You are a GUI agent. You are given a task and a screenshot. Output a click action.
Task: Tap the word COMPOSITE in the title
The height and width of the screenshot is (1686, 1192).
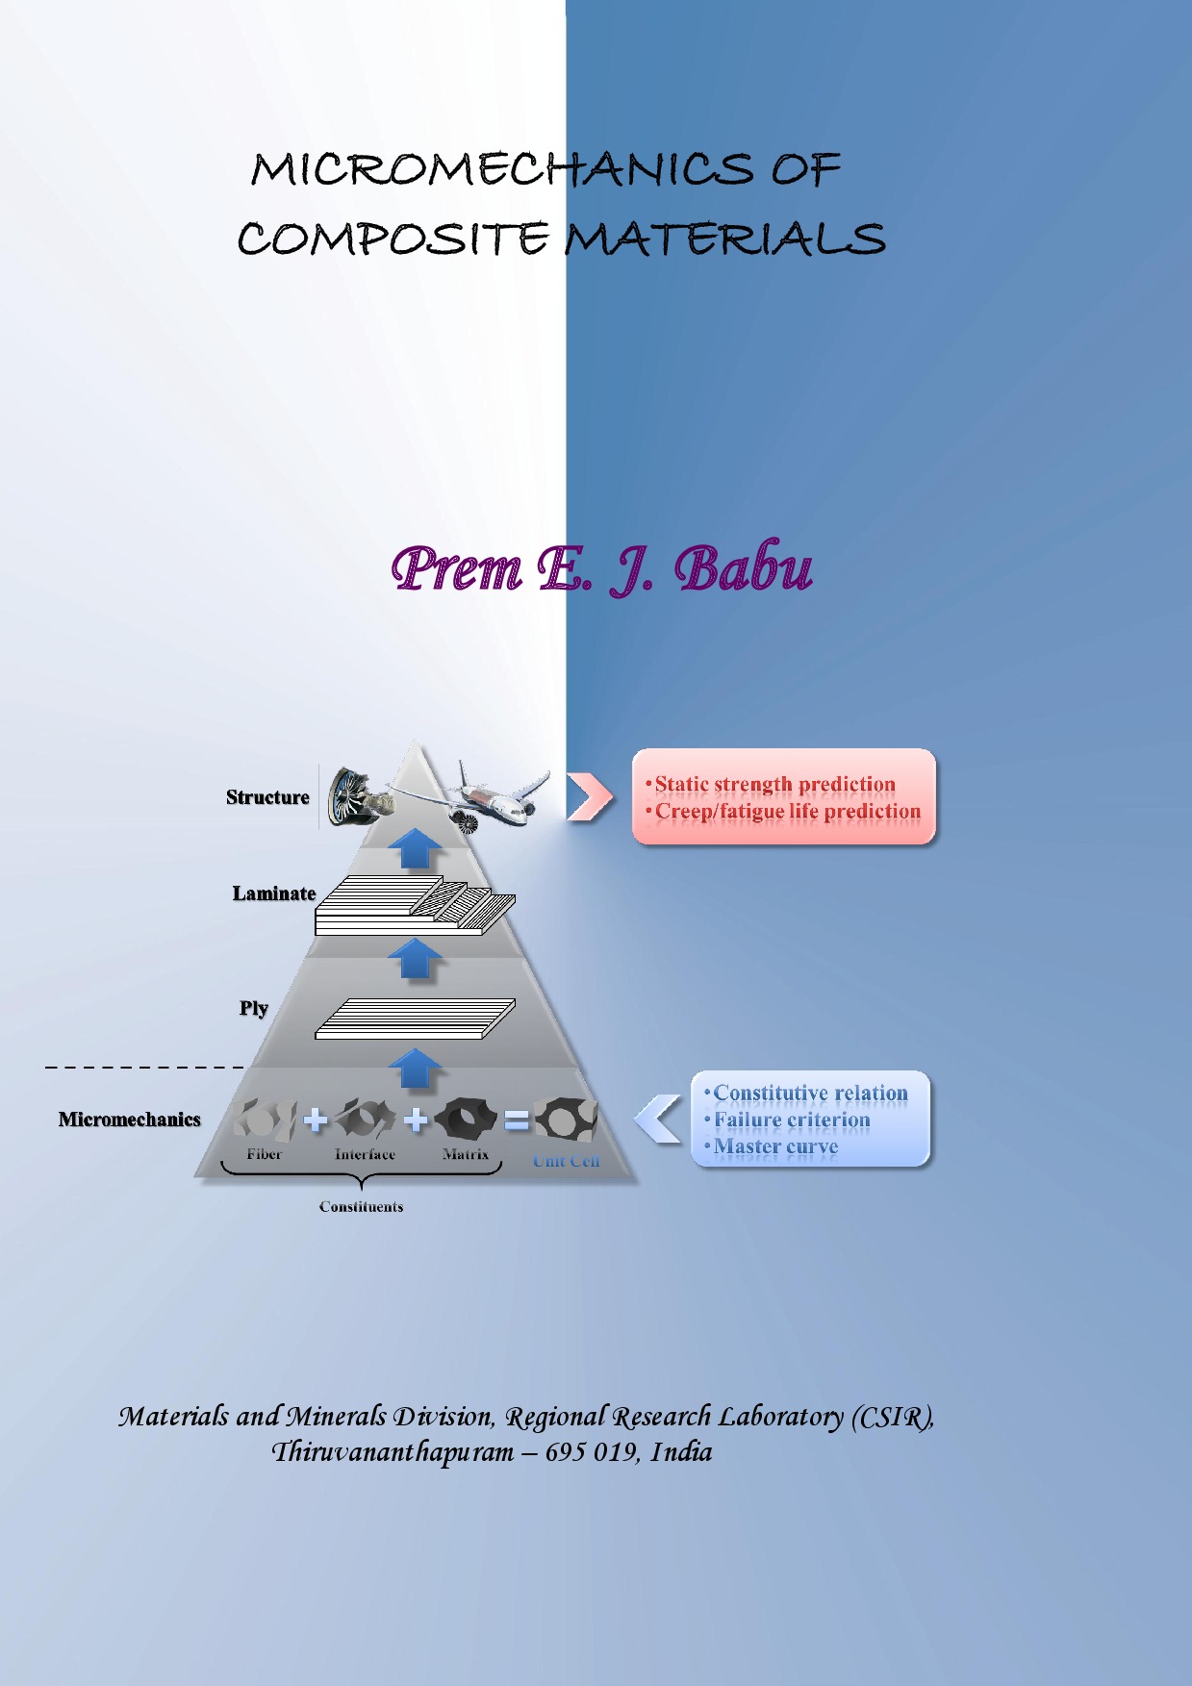[x=393, y=239]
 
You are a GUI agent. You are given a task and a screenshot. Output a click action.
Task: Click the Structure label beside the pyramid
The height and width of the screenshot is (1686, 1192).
[x=267, y=797]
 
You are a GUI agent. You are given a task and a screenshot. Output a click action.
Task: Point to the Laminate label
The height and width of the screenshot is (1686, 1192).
[x=274, y=893]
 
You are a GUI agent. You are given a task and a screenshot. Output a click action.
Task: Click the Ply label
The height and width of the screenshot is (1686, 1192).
[x=254, y=1008]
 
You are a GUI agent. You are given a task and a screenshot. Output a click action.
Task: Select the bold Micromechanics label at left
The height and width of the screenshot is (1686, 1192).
[x=130, y=1120]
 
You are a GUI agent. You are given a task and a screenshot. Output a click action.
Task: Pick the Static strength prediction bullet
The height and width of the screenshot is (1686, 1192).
[x=774, y=785]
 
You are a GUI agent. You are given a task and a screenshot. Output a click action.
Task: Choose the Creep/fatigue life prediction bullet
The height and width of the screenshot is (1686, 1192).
[x=787, y=812]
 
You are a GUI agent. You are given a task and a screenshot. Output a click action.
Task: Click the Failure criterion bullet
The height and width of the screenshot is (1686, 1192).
[x=791, y=1120]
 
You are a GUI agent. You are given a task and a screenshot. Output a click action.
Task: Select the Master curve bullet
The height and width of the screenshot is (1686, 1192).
[x=775, y=1147]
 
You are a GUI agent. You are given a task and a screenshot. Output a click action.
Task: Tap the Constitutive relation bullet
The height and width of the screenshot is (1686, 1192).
[x=810, y=1094]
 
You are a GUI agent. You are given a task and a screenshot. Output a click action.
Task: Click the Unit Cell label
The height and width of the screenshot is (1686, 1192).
[x=567, y=1162]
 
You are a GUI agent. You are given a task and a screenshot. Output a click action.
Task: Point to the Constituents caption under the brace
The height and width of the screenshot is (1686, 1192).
[x=361, y=1207]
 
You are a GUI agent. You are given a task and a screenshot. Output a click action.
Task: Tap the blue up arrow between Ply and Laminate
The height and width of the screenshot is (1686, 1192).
[x=415, y=959]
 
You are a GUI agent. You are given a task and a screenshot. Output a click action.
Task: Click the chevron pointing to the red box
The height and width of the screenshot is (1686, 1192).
[x=589, y=797]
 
